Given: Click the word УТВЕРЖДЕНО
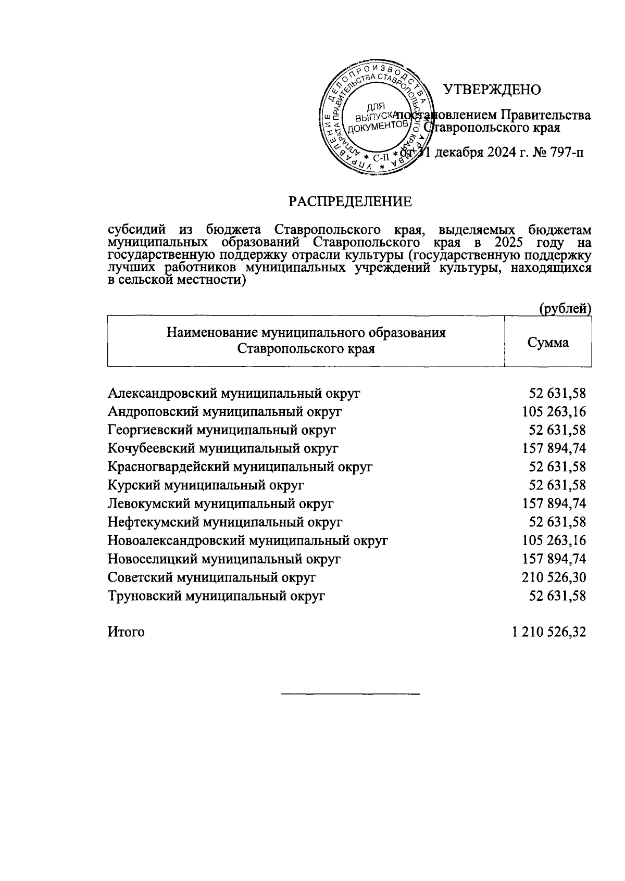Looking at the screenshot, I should pyautogui.click(x=492, y=90).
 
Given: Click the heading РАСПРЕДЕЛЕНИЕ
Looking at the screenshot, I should pyautogui.click(x=351, y=202).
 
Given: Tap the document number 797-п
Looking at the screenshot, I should pyautogui.click(x=561, y=153).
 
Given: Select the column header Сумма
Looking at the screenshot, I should pyautogui.click(x=548, y=343).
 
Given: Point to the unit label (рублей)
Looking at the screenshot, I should pyautogui.click(x=565, y=309).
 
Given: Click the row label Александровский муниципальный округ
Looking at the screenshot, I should pyautogui.click(x=234, y=393).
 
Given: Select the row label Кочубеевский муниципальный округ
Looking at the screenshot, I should pyautogui.click(x=223, y=448).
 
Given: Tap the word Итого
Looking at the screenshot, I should pyautogui.click(x=126, y=632).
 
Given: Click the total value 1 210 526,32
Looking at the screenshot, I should pyautogui.click(x=549, y=632).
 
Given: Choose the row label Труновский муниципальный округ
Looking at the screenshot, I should pyautogui.click(x=216, y=596).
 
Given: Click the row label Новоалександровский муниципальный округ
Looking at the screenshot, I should pyautogui.click(x=247, y=540).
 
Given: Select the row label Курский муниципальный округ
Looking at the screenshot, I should pyautogui.click(x=206, y=485).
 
